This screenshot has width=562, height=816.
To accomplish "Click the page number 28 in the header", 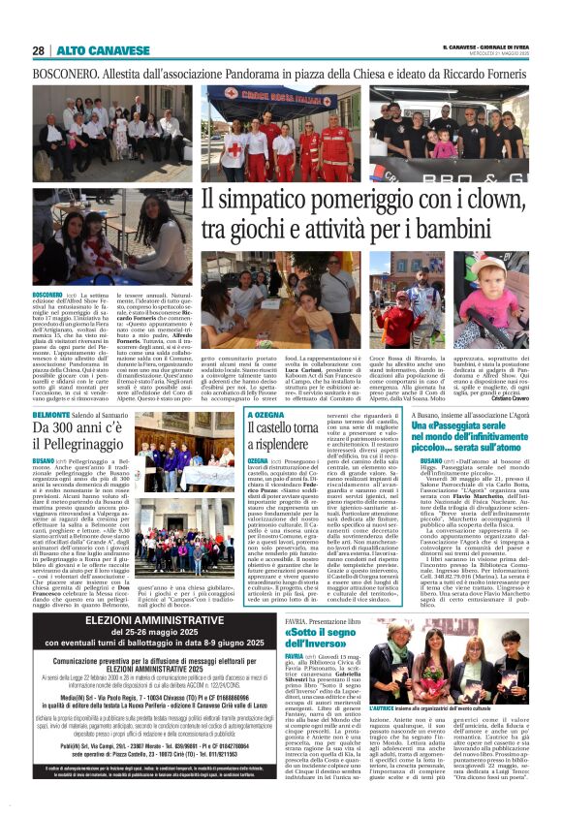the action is pyautogui.click(x=38, y=49).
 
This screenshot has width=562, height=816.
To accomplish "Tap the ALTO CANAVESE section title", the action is pyautogui.click(x=89, y=49).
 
